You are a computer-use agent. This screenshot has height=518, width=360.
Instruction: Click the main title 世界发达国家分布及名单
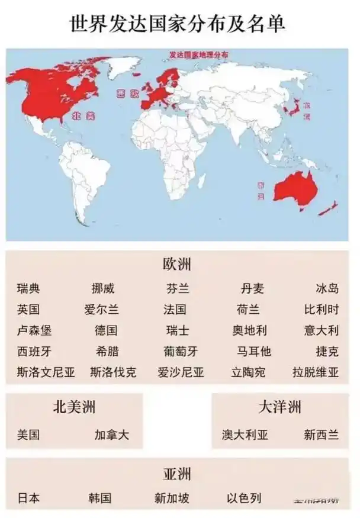(x=179, y=24)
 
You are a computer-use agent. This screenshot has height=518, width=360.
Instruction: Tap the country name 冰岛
(x=327, y=289)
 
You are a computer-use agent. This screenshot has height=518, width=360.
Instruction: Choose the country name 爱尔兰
(x=101, y=310)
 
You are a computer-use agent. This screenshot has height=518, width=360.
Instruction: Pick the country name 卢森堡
(x=34, y=330)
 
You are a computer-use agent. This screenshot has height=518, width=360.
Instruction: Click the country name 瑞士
(x=177, y=330)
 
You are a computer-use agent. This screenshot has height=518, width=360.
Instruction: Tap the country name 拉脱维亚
(x=316, y=372)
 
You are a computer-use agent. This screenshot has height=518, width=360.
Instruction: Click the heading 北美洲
(x=74, y=407)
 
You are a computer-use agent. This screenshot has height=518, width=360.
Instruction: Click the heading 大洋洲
(x=279, y=407)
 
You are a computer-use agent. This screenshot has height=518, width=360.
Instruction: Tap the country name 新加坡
(x=172, y=498)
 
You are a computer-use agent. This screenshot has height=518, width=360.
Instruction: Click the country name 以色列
(x=244, y=498)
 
